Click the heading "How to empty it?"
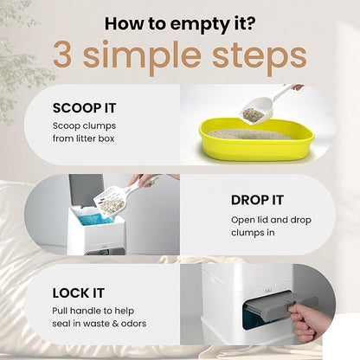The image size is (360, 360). pos(180,24)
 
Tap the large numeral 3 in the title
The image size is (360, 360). pos(62,55)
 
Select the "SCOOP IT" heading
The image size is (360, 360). pos(84,108)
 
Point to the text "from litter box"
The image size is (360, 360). pos(84,138)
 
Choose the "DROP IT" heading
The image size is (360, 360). pos(257,200)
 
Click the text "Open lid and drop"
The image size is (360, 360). pos(271,220)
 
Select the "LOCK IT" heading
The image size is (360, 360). pos(78,293)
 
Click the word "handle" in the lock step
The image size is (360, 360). pos(86,311)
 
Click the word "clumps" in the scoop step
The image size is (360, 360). pos(100,126)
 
